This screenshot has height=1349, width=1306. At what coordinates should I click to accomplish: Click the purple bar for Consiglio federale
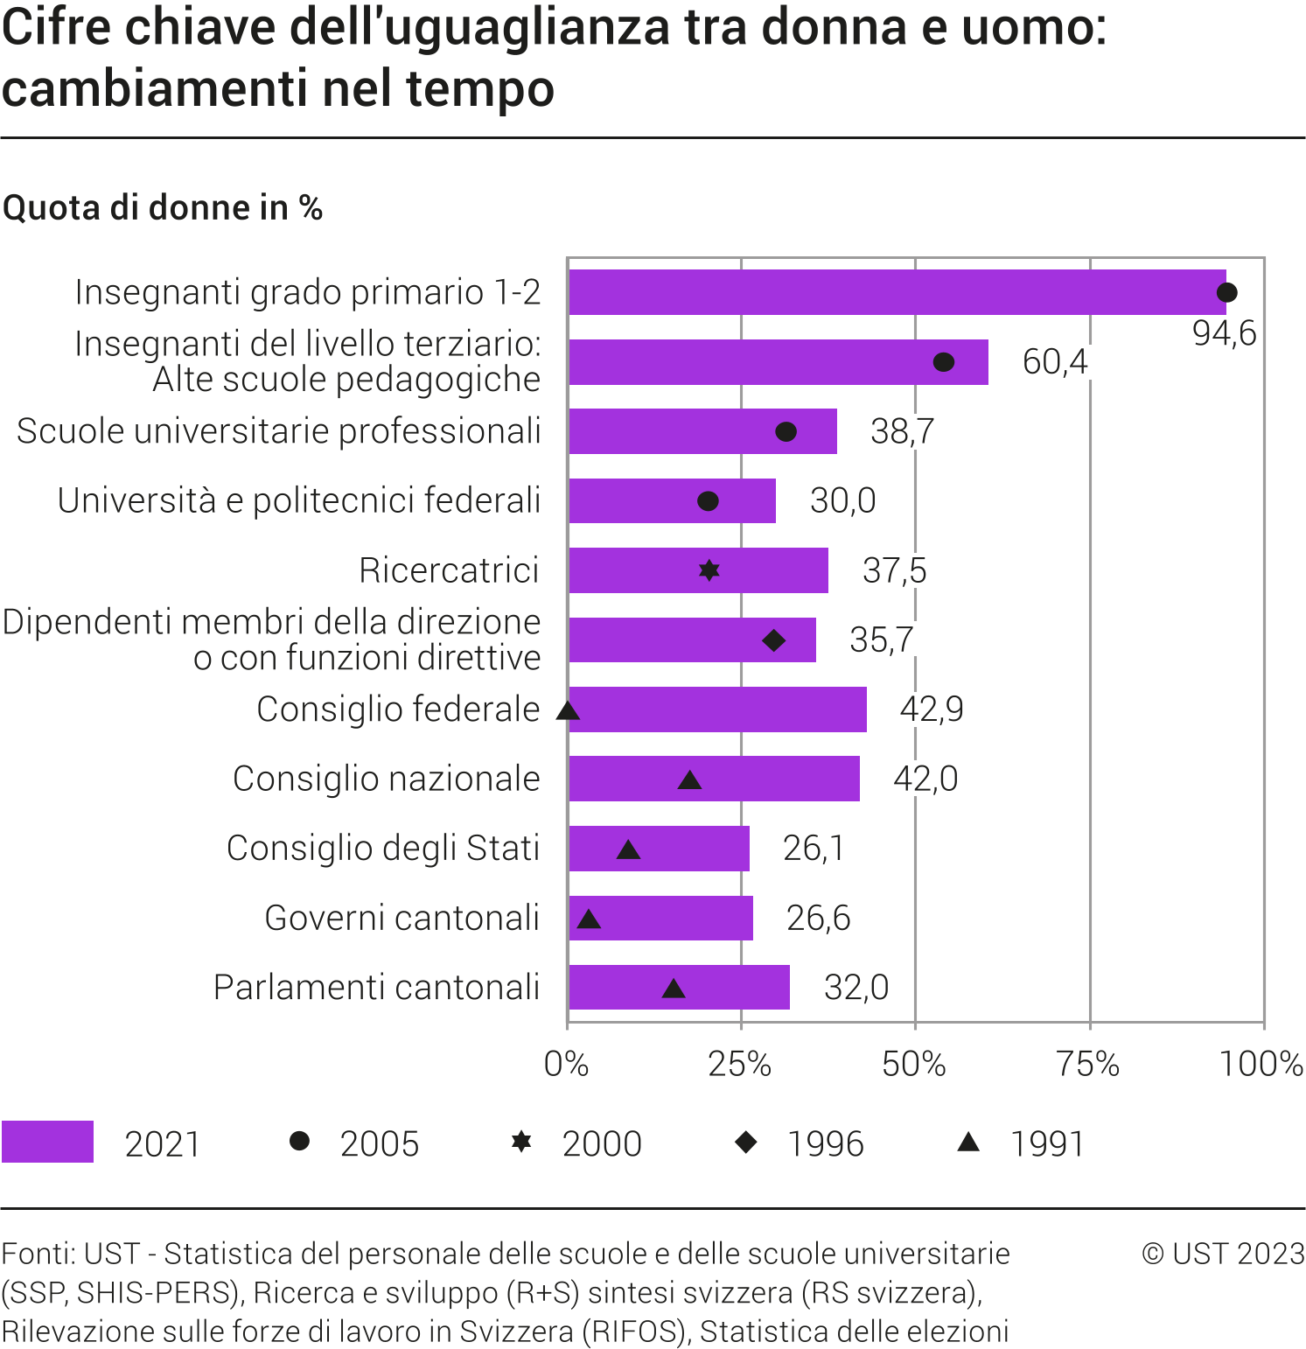point(717,709)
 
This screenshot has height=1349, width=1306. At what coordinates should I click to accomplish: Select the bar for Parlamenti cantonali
point(679,988)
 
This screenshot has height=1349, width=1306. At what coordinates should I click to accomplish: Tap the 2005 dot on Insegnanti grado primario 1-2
point(1227,292)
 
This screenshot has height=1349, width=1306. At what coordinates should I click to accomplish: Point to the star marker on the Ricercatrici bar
point(709,570)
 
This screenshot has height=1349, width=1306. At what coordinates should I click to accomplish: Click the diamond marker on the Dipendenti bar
point(773,640)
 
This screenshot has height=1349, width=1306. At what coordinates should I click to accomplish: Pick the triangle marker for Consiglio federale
point(568,710)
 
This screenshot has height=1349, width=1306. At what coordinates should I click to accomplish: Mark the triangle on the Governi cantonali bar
point(589,919)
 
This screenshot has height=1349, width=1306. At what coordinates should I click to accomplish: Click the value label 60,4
point(1054,361)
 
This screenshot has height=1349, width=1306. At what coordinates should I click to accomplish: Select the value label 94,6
point(1224,333)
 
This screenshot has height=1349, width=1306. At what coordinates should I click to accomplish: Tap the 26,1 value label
point(813,848)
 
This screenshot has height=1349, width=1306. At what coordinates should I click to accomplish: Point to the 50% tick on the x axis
point(914,1064)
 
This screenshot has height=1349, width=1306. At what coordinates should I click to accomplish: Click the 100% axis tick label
point(1261,1064)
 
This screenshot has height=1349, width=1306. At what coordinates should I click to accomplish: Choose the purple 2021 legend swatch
point(48,1142)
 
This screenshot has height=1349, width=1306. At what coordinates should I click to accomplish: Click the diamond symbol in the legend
point(746,1142)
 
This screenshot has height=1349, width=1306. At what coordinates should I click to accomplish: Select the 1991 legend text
point(1047,1143)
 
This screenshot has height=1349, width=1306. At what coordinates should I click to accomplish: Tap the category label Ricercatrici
point(449,570)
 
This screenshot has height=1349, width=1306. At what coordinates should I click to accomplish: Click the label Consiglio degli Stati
point(383,848)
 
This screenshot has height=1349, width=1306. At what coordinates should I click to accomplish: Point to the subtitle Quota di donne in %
point(163,208)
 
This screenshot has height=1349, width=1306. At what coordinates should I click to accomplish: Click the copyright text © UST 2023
point(1223,1254)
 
